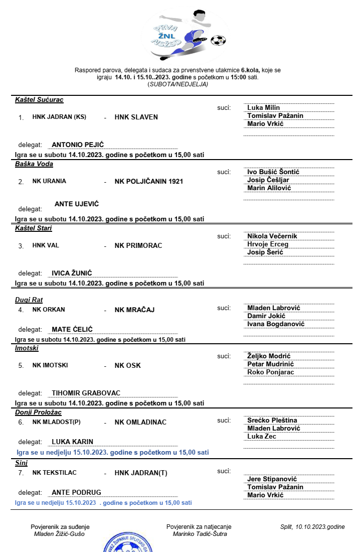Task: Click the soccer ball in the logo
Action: (x=218, y=41)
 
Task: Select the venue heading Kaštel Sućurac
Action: (x=39, y=100)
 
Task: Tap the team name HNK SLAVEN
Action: (x=136, y=117)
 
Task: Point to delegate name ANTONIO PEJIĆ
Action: (x=78, y=145)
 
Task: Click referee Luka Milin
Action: (x=263, y=107)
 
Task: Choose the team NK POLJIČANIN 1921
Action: (x=149, y=181)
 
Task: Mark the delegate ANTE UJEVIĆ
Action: (x=77, y=204)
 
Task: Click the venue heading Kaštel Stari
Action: (x=34, y=228)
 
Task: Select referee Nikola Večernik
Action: (x=272, y=236)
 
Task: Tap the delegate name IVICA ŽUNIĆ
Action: (x=72, y=273)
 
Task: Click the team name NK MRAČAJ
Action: (x=134, y=310)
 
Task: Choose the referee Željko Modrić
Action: (x=269, y=356)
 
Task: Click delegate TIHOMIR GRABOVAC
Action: (x=86, y=393)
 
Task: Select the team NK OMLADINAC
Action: (x=140, y=423)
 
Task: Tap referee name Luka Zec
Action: (x=262, y=437)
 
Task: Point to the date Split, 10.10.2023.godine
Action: (x=312, y=527)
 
